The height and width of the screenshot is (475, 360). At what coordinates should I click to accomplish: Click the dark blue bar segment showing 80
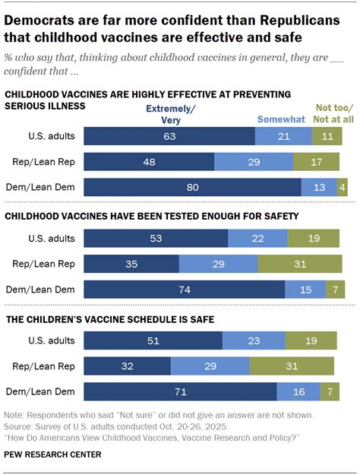[192, 187]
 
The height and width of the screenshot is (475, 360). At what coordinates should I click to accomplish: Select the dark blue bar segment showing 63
[169, 136]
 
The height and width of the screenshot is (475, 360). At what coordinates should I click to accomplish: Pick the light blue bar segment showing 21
[283, 136]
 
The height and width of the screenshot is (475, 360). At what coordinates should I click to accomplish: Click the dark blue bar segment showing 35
[131, 264]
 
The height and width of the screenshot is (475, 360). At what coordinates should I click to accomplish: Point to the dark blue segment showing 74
[184, 290]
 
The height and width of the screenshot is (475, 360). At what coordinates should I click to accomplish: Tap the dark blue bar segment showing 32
[127, 366]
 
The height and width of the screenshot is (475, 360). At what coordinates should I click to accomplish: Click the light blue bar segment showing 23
[255, 340]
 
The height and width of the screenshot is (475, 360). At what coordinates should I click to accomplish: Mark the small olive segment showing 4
[343, 187]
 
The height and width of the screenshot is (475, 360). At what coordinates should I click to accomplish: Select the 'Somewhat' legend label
[280, 119]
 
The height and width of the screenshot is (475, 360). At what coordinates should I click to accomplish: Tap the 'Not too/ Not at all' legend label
[329, 114]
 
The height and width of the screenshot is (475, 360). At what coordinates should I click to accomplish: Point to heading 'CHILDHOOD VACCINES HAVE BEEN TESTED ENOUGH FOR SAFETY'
[152, 217]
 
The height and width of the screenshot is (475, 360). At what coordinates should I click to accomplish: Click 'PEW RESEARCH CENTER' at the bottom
[52, 454]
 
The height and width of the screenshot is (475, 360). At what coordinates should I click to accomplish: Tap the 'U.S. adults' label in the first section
[52, 136]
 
